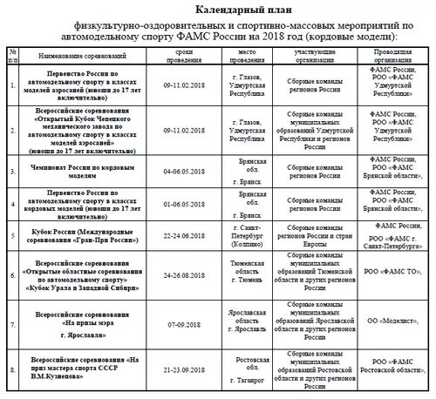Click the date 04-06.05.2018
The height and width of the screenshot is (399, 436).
point(183,172)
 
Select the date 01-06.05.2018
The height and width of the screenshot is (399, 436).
point(183,207)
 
